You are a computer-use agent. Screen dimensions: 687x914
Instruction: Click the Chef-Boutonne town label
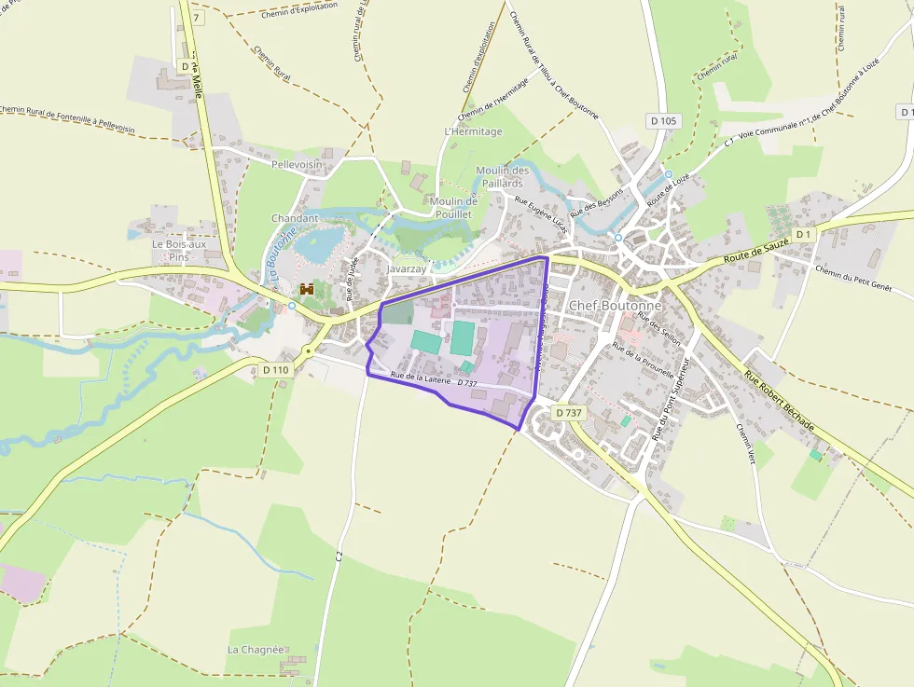coord(615,305)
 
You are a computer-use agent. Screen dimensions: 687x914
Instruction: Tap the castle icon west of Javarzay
coord(306,290)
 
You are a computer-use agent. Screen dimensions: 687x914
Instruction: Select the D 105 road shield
coord(663,120)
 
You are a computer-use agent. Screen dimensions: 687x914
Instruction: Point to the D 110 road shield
coord(276,370)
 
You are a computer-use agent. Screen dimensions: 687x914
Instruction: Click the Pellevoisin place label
coord(297,164)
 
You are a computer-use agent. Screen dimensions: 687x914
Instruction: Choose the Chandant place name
coord(295,218)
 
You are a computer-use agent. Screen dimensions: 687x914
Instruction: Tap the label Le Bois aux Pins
coord(179,250)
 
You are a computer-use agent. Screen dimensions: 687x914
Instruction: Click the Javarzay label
coord(408,268)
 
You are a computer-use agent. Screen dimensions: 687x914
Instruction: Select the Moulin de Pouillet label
coord(454,207)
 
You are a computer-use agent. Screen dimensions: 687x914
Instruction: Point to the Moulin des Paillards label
coord(503,176)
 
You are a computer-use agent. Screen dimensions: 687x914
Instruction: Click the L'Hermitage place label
coord(474,131)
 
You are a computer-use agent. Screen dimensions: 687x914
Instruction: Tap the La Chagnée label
coord(256,649)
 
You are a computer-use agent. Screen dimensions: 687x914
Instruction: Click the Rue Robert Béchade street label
coord(779,401)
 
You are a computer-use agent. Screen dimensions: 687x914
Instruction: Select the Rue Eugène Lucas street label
coord(541,213)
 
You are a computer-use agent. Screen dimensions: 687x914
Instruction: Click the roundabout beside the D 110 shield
coord(309,351)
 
